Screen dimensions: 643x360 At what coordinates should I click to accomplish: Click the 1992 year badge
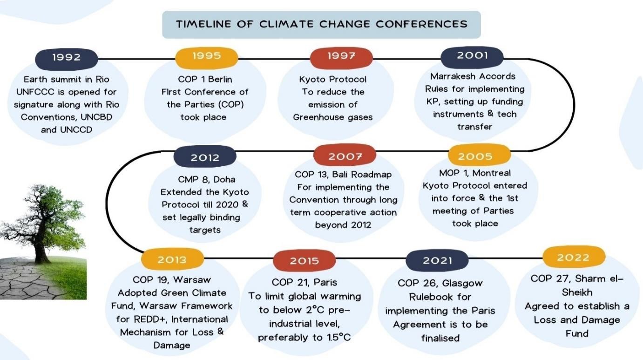pyautogui.click(x=66, y=59)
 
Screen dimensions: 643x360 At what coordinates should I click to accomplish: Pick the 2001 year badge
pyautogui.click(x=472, y=57)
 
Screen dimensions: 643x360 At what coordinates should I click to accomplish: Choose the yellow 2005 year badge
pyautogui.click(x=480, y=155)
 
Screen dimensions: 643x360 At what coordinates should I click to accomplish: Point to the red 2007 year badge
pyautogui.click(x=345, y=155)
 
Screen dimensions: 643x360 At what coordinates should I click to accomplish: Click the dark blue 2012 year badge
pyautogui.click(x=205, y=156)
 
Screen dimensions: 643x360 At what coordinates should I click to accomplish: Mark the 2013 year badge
pyautogui.click(x=172, y=259)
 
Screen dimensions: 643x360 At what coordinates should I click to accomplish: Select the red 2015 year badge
pyautogui.click(x=305, y=260)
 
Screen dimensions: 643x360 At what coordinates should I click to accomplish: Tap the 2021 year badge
pyautogui.click(x=437, y=260)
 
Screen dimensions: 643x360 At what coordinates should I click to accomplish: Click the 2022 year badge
pyautogui.click(x=574, y=257)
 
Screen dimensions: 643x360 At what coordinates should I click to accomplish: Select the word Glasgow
pyautogui.click(x=462, y=284)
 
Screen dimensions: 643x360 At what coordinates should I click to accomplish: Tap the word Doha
pyautogui.click(x=224, y=179)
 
